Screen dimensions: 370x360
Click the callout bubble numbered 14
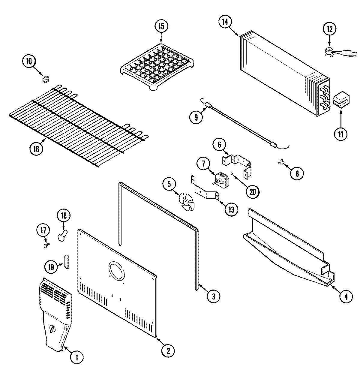click(x=225, y=22)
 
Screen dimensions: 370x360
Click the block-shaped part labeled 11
click(x=341, y=99)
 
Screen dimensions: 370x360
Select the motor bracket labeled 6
click(x=237, y=163)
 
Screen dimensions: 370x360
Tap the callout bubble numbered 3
click(x=213, y=296)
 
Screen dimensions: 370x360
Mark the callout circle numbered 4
click(x=346, y=296)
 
